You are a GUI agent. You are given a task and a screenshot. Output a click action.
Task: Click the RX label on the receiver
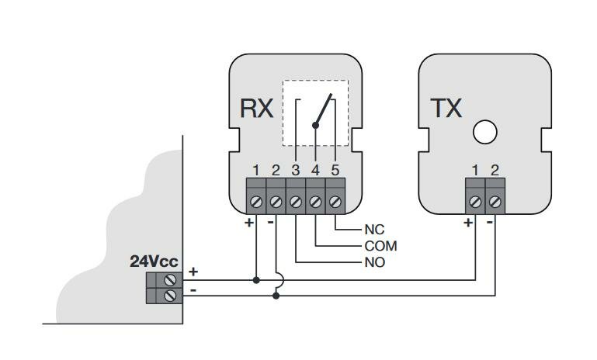point(256,108)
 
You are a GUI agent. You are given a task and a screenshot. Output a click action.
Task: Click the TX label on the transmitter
point(446,109)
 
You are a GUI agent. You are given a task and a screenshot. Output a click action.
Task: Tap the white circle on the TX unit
point(484,133)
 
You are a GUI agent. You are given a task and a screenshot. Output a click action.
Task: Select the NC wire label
point(374,230)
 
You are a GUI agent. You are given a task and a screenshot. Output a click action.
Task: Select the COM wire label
point(380,246)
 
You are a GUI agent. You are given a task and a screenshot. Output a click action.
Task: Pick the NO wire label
point(374,262)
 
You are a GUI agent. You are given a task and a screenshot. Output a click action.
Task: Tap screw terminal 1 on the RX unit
point(255,202)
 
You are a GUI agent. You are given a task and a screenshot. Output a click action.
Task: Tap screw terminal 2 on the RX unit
point(276,202)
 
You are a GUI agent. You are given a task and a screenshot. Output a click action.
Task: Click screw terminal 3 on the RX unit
point(295,202)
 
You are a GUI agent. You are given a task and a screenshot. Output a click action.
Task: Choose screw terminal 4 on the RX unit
point(315,202)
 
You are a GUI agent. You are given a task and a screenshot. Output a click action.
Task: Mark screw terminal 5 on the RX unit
point(335,202)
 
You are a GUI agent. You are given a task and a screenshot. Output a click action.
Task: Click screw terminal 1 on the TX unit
point(475,202)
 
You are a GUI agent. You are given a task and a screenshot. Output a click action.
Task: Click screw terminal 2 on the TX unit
point(495,202)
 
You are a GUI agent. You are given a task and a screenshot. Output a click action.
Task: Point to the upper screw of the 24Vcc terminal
point(168,279)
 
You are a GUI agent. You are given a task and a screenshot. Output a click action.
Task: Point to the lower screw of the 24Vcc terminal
point(168,296)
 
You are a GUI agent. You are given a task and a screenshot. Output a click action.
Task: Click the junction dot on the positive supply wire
point(255,279)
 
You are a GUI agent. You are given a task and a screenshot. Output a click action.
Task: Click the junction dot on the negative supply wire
point(276,296)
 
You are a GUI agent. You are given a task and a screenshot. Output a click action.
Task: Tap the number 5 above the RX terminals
point(335,169)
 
